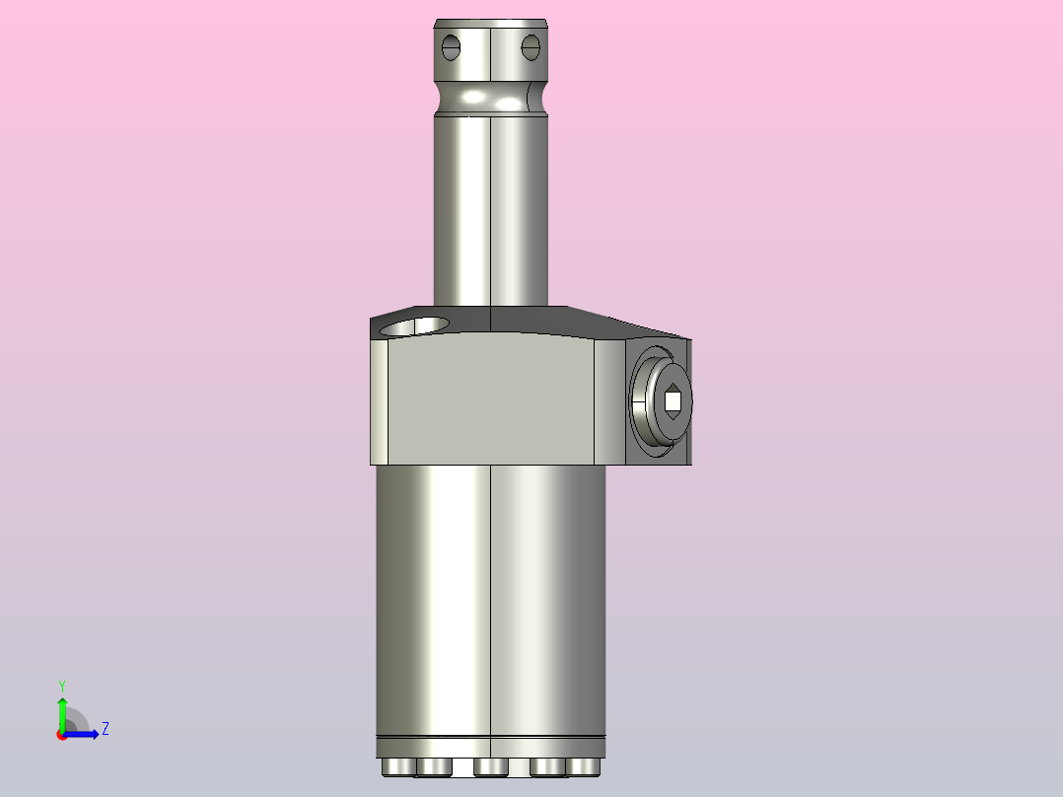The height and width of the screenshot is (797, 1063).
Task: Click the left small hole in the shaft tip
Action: [452, 45]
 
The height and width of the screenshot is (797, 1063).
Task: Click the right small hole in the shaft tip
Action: [531, 45]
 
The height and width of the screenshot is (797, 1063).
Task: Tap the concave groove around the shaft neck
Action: [490, 99]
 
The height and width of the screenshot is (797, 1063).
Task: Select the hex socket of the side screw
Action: [673, 400]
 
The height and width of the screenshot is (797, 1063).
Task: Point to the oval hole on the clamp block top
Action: [414, 326]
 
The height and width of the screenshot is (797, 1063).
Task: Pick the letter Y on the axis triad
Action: [61, 685]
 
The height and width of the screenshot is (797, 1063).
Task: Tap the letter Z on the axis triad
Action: [105, 729]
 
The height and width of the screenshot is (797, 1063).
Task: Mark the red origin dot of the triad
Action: [61, 734]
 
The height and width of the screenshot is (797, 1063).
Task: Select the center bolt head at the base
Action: [490, 766]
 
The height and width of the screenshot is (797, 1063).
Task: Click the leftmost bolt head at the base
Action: [395, 766]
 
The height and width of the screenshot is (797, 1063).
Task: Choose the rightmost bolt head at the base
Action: [583, 766]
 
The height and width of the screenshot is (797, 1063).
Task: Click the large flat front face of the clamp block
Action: [490, 399]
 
